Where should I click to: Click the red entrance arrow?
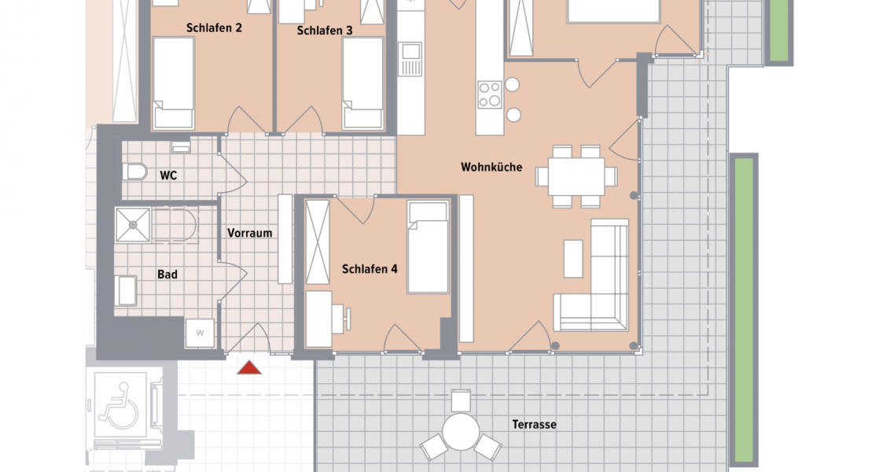[x=249, y=367]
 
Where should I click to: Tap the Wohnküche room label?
[x=491, y=168]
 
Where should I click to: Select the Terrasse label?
[x=534, y=425]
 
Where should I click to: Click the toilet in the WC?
[x=135, y=171]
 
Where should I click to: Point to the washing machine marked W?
[x=200, y=333]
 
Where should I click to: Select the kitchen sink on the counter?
[x=410, y=60]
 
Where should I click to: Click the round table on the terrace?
[x=461, y=431]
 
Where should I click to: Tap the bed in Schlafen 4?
[x=428, y=246]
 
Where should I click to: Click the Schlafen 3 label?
[x=325, y=31]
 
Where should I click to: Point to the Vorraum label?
[x=249, y=234]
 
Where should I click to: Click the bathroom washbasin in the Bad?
[x=126, y=291]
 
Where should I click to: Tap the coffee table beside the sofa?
[x=574, y=259]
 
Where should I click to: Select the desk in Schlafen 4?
[x=319, y=319]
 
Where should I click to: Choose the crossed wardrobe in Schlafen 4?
[x=318, y=242]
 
